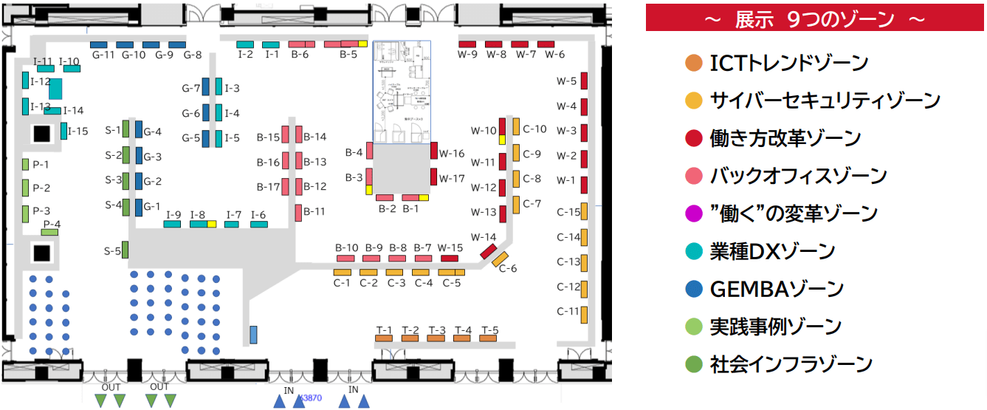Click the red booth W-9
467,44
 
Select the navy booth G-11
99,44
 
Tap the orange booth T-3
436,338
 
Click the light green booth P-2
25,188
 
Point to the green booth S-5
125,250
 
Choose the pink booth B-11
299,212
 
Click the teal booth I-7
232,224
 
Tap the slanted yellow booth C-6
501,259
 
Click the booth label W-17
452,178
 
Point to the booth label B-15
268,137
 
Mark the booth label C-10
534,129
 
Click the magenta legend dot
692,213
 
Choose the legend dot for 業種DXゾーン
692,251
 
